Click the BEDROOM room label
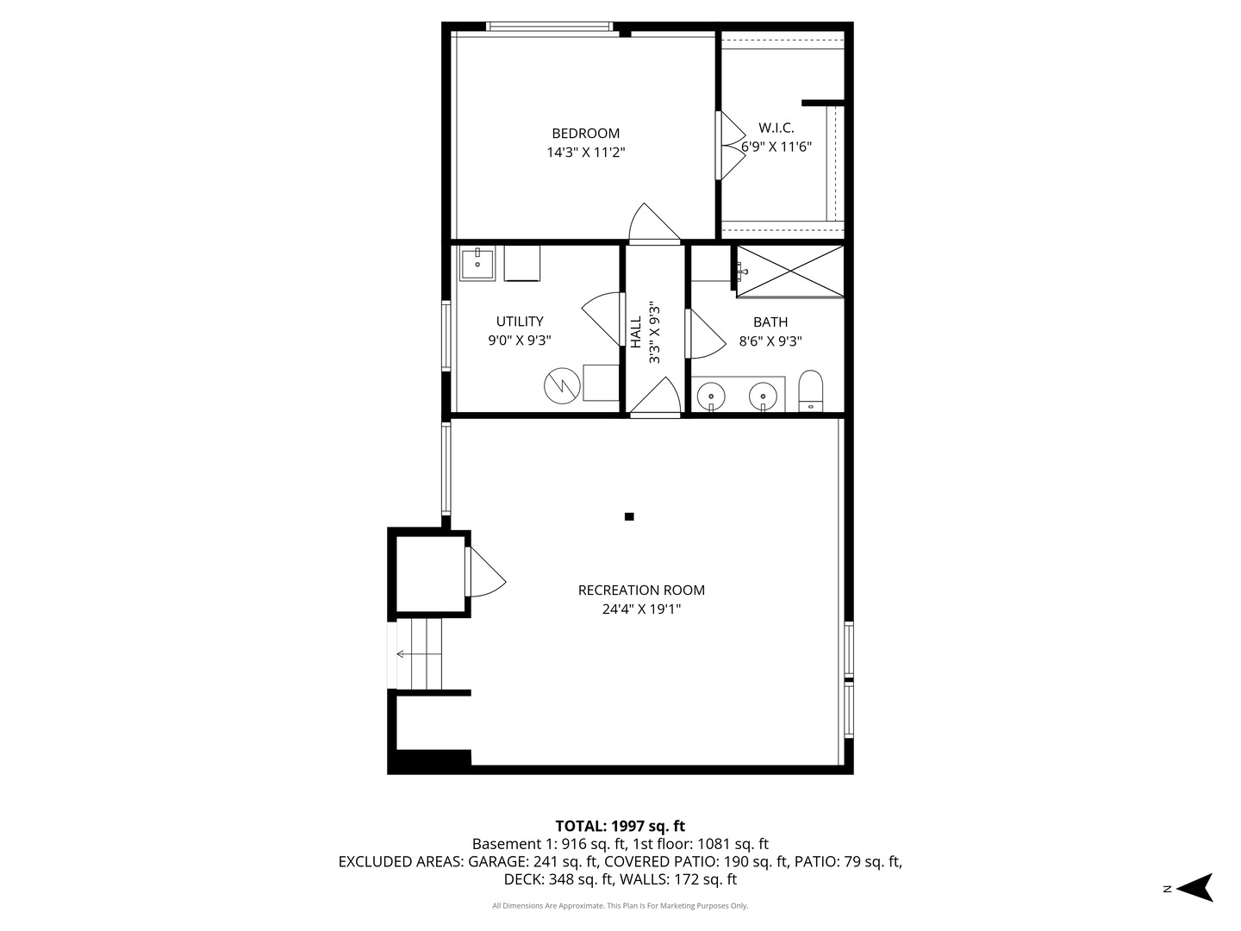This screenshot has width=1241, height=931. pyautogui.click(x=585, y=134)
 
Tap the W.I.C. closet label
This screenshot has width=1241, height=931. pyautogui.click(x=776, y=128)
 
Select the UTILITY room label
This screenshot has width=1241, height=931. pyautogui.click(x=520, y=322)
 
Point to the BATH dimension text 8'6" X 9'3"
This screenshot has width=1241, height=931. pyautogui.click(x=770, y=341)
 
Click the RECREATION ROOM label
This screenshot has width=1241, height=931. pyautogui.click(x=641, y=590)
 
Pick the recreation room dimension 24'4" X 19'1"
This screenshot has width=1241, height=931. pyautogui.click(x=641, y=609)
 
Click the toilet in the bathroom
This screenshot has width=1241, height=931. pyautogui.click(x=811, y=391)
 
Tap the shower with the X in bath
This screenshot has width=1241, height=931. pyautogui.click(x=790, y=272)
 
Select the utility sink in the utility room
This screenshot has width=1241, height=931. pyautogui.click(x=477, y=264)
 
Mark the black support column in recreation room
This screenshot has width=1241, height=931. pyautogui.click(x=629, y=516)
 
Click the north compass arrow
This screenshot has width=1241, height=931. pyautogui.click(x=1194, y=887)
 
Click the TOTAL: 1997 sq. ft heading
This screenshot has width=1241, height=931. pyautogui.click(x=620, y=826)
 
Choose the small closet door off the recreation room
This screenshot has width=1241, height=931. pyautogui.click(x=483, y=573)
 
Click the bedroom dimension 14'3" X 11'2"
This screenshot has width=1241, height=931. pyautogui.click(x=585, y=153)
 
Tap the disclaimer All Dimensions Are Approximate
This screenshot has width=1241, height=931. pyautogui.click(x=620, y=906)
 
